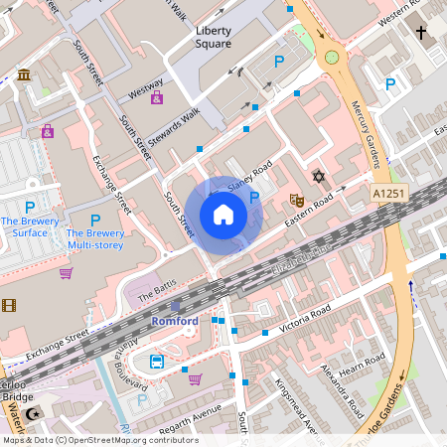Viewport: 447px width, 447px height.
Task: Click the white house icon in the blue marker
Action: (223, 215)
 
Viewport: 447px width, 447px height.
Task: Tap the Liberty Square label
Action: (214, 37)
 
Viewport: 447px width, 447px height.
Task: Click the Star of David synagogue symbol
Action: (319, 177)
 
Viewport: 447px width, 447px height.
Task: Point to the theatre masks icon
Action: (295, 200)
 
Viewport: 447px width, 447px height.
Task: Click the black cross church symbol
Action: (420, 33)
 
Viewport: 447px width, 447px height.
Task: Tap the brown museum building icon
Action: (23, 75)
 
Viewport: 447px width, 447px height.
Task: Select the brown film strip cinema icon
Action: (9, 305)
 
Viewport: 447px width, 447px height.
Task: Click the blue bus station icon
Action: (157, 362)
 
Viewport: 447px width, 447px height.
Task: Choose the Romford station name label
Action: (175, 322)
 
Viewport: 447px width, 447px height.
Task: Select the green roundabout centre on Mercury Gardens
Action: (331, 58)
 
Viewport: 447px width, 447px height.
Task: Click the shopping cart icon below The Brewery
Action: (66, 273)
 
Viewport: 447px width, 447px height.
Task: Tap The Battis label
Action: (156, 294)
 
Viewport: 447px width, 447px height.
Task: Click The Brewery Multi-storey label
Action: (95, 233)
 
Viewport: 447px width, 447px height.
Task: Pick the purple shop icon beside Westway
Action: (157, 97)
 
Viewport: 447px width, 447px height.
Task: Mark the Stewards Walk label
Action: (174, 123)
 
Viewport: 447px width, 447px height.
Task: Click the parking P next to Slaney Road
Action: (254, 198)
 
